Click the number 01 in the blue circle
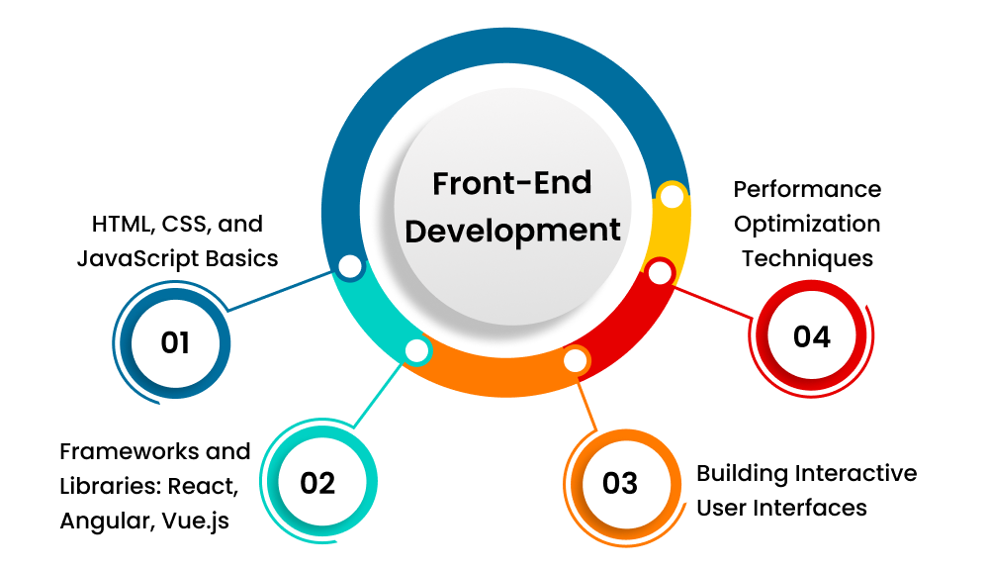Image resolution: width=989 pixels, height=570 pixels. [175, 342]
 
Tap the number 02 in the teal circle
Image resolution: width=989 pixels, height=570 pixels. [318, 482]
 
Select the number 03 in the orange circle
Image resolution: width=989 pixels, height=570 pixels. [620, 483]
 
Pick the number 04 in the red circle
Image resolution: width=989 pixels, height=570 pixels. [811, 336]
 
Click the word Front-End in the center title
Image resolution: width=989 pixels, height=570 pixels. [512, 183]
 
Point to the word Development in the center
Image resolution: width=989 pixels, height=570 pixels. [513, 230]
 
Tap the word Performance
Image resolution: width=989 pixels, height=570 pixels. [807, 188]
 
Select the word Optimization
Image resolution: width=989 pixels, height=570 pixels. [807, 224]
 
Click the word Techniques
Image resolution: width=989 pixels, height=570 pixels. [807, 258]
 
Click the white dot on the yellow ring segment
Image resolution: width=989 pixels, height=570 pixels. [672, 197]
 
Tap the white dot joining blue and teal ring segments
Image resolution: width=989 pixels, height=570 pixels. [349, 266]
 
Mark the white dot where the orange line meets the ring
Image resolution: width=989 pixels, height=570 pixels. [575, 360]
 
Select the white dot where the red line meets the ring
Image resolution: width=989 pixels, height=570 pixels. [661, 271]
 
